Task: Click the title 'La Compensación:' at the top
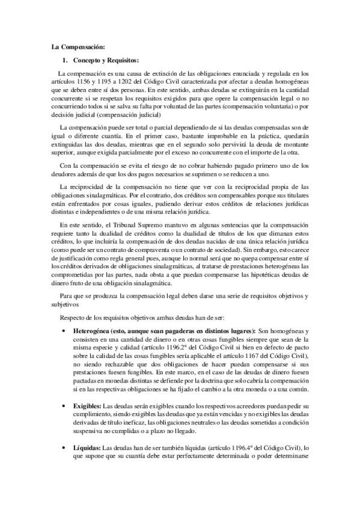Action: (78, 46)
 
